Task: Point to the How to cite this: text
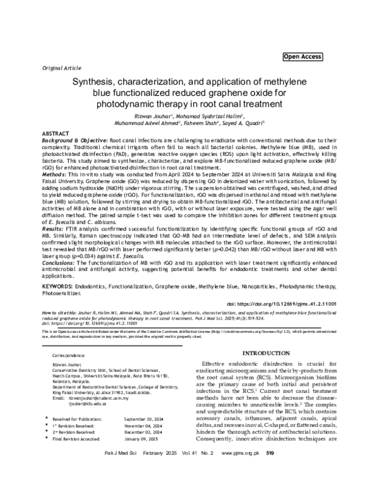click(x=63, y=312)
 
